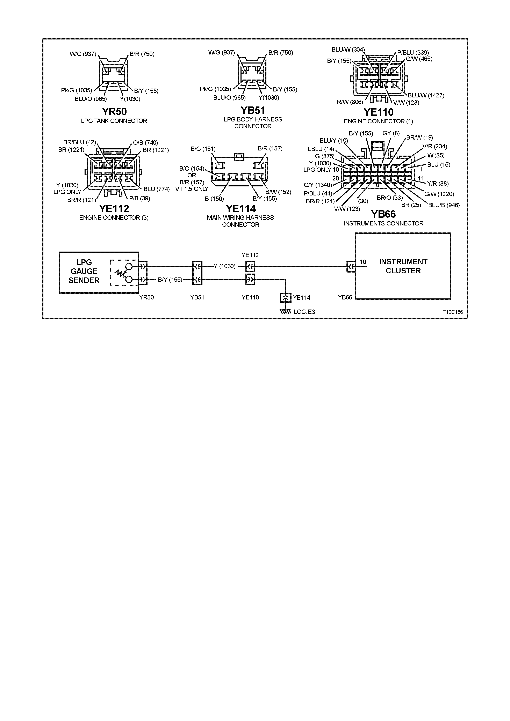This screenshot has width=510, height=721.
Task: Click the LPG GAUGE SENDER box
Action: point(84,272)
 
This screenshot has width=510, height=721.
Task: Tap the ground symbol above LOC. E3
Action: point(286,312)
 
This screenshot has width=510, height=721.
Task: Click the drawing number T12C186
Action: point(452,312)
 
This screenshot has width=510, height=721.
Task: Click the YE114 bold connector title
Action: point(241,209)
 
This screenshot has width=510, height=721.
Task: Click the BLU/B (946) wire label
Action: point(444,205)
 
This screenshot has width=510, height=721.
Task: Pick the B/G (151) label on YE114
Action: point(203,149)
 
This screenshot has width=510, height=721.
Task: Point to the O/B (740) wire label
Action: point(145,143)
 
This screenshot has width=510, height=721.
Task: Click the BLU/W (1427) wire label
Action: point(426,95)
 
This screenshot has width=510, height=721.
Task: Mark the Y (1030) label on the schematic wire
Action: point(224,266)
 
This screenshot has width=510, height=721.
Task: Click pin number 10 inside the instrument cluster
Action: point(363,262)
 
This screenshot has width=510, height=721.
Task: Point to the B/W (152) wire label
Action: point(278,192)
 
